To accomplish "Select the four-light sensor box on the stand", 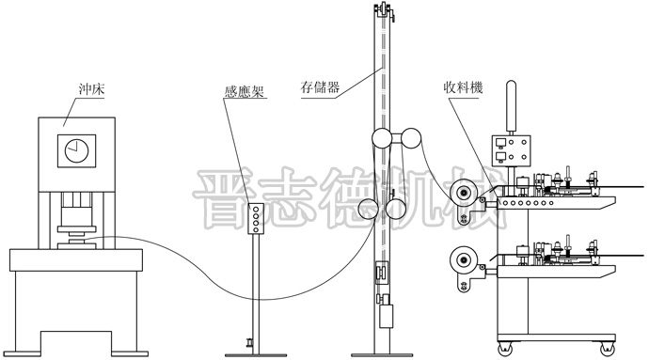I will click(255, 218).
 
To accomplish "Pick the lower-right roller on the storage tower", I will click(398, 210).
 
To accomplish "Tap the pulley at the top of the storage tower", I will click(383, 10).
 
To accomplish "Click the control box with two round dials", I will click(511, 153).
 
